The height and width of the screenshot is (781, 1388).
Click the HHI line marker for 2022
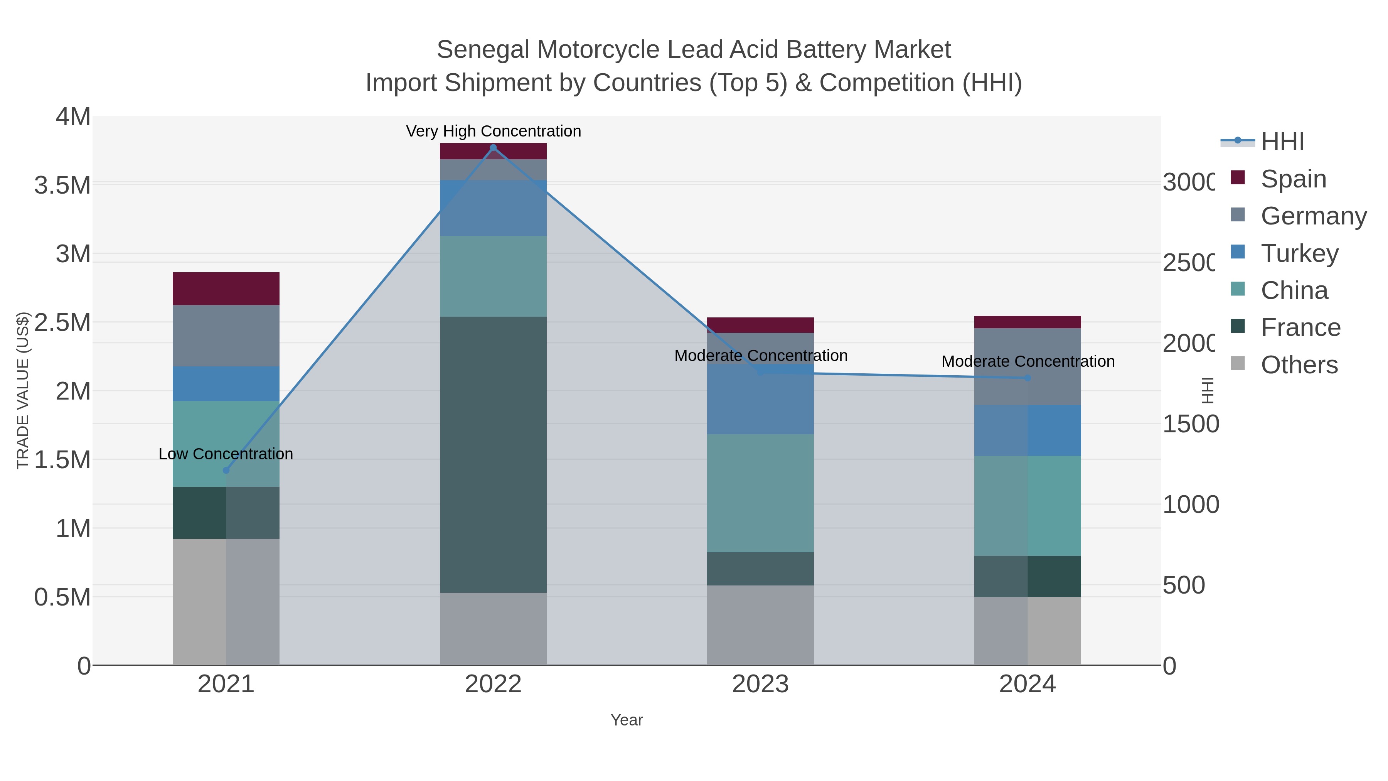pos(493,147)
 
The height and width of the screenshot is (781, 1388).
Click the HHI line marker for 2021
pos(226,470)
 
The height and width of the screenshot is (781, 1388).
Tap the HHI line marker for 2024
pos(1028,378)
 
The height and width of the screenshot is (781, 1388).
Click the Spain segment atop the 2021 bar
pos(226,288)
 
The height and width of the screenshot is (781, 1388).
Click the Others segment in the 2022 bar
pos(493,629)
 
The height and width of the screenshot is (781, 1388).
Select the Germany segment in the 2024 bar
pos(1028,366)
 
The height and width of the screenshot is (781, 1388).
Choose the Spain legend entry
pos(1293,179)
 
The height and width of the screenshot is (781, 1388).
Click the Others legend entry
pos(1299,364)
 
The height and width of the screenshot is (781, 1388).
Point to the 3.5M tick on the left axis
pos(62,185)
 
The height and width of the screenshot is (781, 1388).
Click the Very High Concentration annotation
pos(493,131)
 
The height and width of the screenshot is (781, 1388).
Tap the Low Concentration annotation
pos(226,454)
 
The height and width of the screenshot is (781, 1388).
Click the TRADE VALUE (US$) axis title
pos(23,390)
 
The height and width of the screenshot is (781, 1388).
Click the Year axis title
pos(627,720)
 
